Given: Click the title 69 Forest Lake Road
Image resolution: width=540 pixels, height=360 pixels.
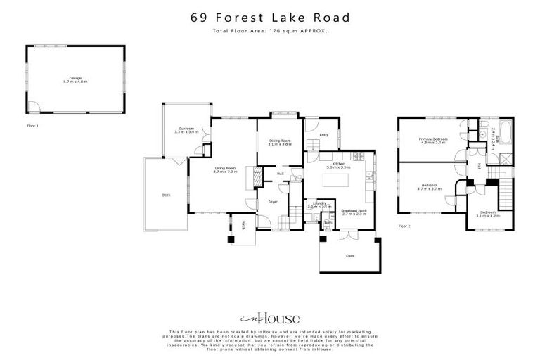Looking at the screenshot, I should [269, 18].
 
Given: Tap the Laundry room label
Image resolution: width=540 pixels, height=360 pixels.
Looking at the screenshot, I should [319, 205].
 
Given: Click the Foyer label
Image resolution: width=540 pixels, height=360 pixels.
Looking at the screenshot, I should [271, 202].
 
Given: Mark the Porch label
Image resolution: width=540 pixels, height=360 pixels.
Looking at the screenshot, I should [243, 224].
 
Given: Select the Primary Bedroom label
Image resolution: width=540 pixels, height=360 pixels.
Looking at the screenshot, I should [433, 141].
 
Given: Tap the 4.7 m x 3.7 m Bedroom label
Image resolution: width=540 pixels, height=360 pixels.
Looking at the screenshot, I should [429, 187].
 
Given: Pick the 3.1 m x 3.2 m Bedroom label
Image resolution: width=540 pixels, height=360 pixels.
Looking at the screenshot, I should [487, 213].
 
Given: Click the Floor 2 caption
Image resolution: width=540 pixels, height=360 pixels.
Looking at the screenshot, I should [404, 226].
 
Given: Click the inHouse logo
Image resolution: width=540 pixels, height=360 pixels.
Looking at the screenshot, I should [269, 318].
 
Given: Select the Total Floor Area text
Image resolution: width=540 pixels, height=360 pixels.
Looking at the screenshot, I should [269, 32].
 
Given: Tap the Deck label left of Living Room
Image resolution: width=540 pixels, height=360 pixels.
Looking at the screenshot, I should [166, 195].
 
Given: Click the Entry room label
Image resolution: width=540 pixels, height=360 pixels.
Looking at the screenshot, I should [323, 135].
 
